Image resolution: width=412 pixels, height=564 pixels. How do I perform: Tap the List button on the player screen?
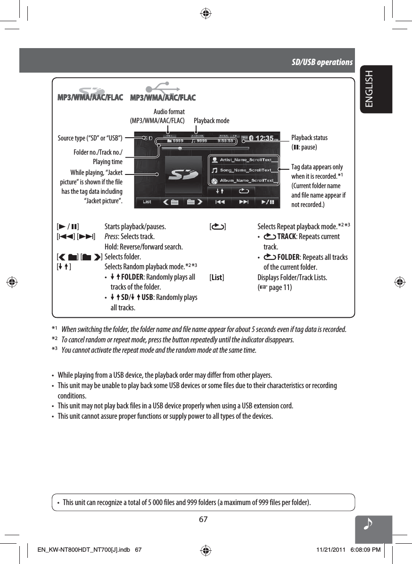[147, 202]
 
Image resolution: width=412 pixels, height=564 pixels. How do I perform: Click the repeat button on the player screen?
[243, 191]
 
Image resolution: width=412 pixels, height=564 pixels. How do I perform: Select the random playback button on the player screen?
[220, 191]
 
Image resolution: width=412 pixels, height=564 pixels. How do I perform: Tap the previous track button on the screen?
[220, 202]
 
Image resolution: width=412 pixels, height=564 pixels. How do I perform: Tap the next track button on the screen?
[243, 202]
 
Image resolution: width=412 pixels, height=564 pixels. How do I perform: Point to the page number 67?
[203, 520]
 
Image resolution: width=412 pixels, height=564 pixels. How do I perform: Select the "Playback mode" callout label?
[212, 121]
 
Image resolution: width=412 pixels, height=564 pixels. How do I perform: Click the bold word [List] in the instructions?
[217, 277]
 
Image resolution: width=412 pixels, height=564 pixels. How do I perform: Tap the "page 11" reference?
[279, 288]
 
